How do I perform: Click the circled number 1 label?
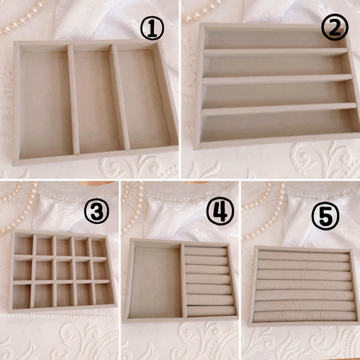tap(152, 28)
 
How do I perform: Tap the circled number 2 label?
tap(335, 27)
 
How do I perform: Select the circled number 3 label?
tap(96, 211)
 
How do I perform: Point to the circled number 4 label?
tap(220, 212)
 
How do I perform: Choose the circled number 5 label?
tap(325, 216)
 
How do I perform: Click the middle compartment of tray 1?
tap(96, 101)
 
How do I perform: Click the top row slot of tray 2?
tap(274, 38)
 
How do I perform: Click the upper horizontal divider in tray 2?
tap(276, 51)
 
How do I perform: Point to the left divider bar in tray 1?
tap(73, 99)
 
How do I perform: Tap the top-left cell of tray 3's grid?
tap(23, 246)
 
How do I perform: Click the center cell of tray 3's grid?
tap(63, 271)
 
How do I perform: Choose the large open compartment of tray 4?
tap(156, 282)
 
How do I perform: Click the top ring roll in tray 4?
tap(205, 251)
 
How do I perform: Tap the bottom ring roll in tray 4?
tap(211, 311)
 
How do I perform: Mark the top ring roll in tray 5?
tap(304, 255)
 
